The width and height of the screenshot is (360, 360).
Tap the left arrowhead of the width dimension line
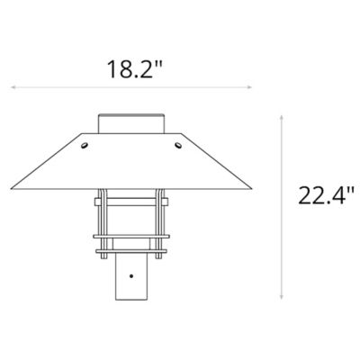(x=13, y=87)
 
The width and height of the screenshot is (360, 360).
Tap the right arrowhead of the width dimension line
(x=252, y=87)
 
